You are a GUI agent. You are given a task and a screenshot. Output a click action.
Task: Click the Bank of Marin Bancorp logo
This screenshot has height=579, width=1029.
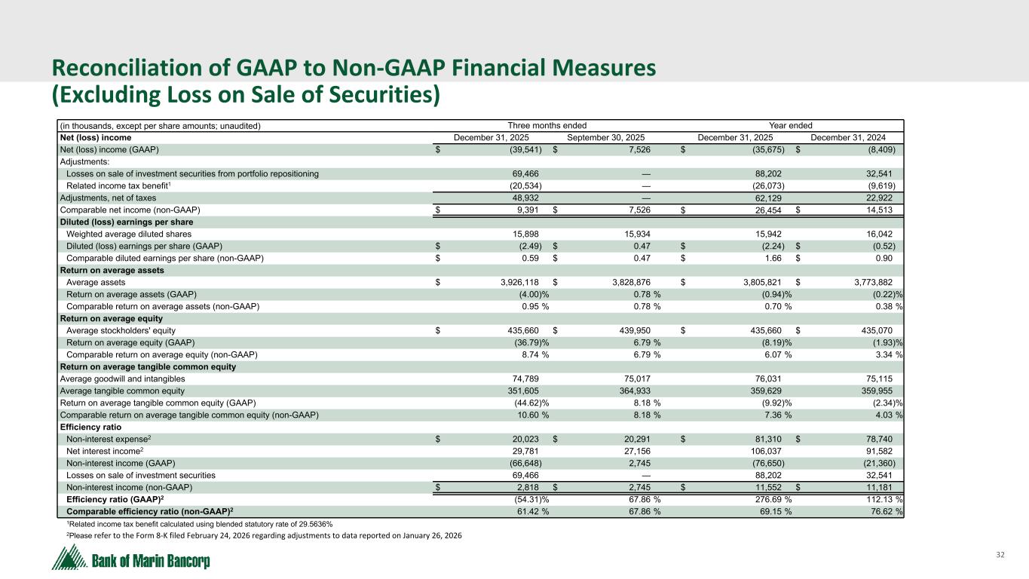click(x=130, y=560)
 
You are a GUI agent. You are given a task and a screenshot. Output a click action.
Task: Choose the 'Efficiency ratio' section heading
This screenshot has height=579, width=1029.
click(x=90, y=427)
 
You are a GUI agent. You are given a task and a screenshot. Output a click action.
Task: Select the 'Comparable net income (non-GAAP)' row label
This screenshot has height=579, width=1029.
click(x=130, y=210)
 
